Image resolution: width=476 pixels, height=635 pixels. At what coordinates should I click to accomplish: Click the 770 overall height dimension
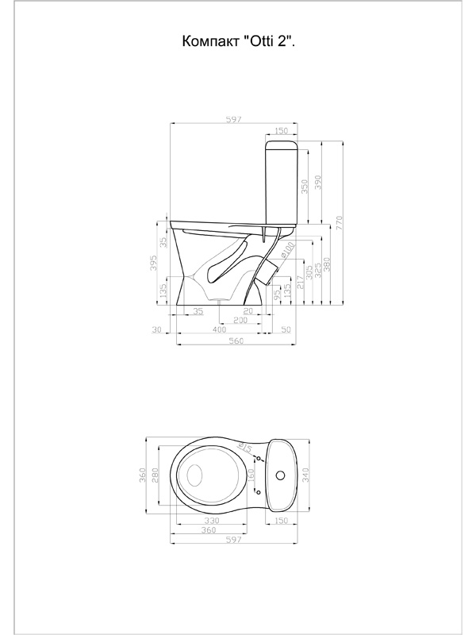[338, 223]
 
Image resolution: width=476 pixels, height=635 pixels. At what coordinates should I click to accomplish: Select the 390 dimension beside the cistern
[319, 183]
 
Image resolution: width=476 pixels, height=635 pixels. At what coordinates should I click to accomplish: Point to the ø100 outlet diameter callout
[287, 251]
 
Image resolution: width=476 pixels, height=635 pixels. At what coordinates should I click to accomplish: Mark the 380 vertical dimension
[328, 265]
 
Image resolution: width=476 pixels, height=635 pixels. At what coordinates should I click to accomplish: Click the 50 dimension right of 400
[286, 329]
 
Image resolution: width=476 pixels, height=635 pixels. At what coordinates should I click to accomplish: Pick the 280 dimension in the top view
[156, 475]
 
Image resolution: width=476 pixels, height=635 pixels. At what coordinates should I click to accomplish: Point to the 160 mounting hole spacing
[250, 476]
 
